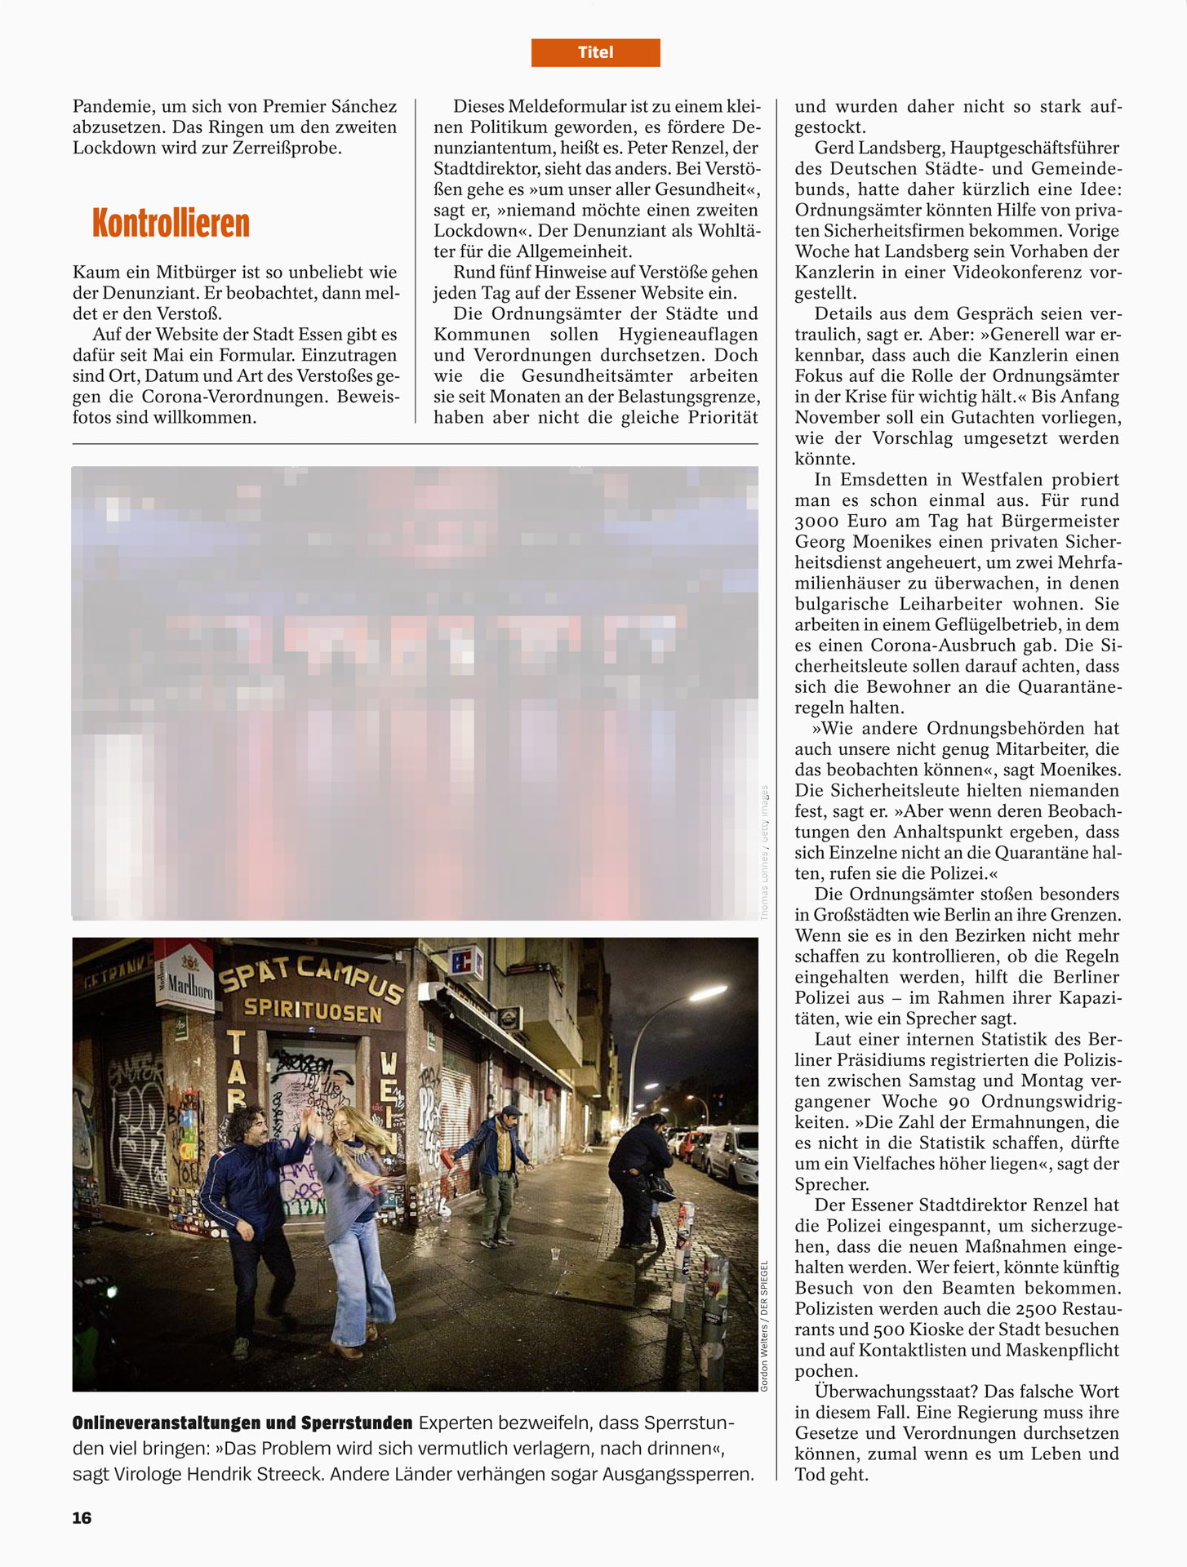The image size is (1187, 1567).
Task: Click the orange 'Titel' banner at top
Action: point(595,52)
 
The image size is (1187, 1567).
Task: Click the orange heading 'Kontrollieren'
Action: point(171,224)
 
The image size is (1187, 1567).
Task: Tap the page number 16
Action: point(82,1517)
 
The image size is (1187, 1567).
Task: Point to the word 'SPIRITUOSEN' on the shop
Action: point(313,1010)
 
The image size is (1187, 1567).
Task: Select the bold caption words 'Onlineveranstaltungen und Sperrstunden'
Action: point(242,1423)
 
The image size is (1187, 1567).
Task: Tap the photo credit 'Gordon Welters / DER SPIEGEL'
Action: point(765,1325)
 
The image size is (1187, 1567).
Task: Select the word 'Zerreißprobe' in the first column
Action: point(282,148)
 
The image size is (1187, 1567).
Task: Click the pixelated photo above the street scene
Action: point(415,693)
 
